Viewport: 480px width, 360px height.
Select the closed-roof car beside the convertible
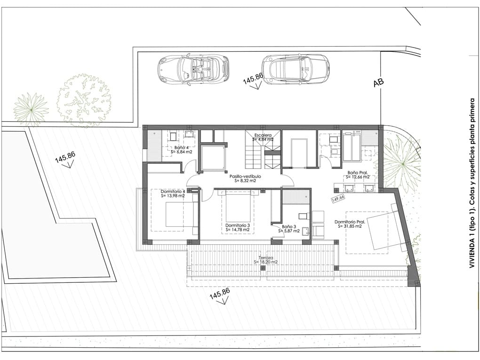(x=295, y=69)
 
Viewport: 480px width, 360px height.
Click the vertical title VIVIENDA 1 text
(x=472, y=184)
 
